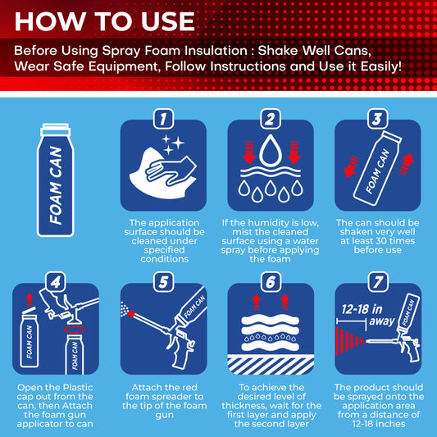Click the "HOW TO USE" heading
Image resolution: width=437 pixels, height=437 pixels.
pyautogui.click(x=104, y=21)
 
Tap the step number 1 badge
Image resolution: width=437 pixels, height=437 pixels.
pyautogui.click(x=163, y=119)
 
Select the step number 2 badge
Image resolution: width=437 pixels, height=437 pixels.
pyautogui.click(x=271, y=119)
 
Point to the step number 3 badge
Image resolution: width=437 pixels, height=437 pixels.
pyautogui.click(x=378, y=119)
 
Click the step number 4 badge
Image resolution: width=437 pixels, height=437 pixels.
pyautogui.click(x=56, y=282)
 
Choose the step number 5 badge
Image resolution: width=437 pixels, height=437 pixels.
pyautogui.click(x=164, y=282)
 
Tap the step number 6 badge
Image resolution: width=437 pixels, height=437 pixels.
pyautogui.click(x=271, y=282)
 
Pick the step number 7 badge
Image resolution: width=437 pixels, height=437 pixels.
pyautogui.click(x=378, y=282)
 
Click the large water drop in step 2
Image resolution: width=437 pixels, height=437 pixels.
pyautogui.click(x=271, y=151)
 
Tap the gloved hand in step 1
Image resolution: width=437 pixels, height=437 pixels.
pyautogui.click(x=171, y=171)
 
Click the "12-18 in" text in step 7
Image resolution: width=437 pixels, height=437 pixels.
pyautogui.click(x=362, y=309)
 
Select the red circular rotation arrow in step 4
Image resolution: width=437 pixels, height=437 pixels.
pyautogui.click(x=75, y=330)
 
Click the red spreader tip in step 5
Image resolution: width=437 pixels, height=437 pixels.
pyautogui.click(x=131, y=314)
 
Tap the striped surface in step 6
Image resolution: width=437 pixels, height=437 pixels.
pyautogui.click(x=271, y=365)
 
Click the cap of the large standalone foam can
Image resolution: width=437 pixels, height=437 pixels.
pyautogui.click(x=56, y=130)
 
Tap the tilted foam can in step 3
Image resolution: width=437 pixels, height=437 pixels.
pyautogui.click(x=378, y=168)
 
